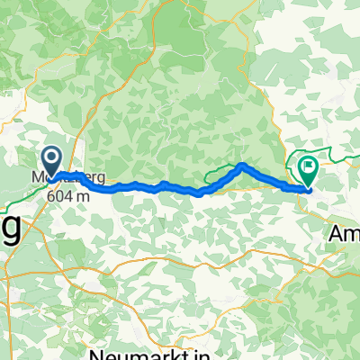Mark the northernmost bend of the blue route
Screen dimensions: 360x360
tap(243, 165)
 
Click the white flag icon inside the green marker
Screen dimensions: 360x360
tap(310, 165)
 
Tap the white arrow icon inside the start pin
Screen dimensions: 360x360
tap(52, 160)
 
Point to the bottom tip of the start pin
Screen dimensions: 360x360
tap(52, 176)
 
